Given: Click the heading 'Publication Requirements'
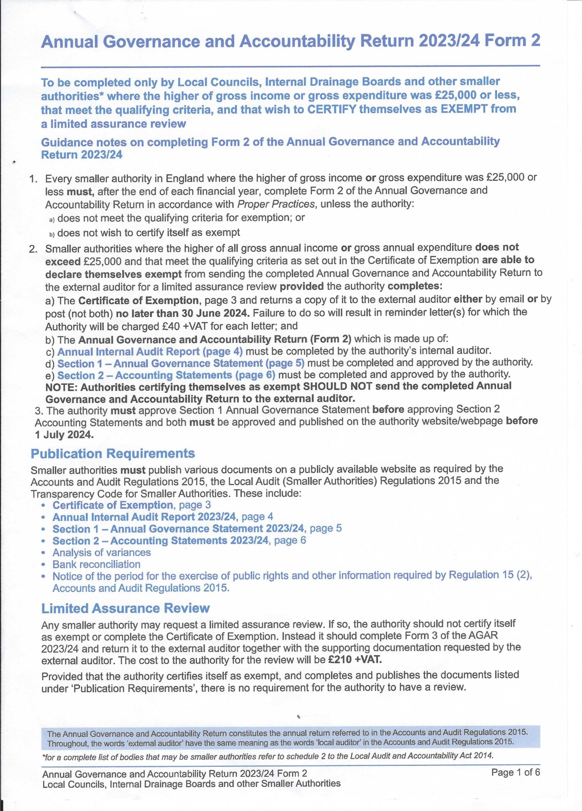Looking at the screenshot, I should (x=113, y=454).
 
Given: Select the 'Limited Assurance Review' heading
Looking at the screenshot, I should (x=125, y=608).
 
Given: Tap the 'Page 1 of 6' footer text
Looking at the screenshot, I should (x=515, y=773).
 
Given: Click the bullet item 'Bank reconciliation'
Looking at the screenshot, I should (x=96, y=564).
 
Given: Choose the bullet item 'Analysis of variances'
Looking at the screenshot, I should (x=101, y=552).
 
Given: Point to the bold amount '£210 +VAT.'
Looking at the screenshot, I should (x=355, y=659).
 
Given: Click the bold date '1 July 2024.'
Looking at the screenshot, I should (x=64, y=435).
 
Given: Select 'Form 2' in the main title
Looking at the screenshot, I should (x=512, y=41).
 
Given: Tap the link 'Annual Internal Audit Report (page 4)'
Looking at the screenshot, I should (x=150, y=351).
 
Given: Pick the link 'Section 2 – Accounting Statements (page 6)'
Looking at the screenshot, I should (x=166, y=375).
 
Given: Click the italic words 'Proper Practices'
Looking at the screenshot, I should (x=276, y=204).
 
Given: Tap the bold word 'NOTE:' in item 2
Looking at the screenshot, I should (x=61, y=387).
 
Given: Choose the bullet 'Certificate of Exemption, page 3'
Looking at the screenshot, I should (x=131, y=505).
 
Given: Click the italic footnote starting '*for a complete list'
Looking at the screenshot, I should (x=268, y=756).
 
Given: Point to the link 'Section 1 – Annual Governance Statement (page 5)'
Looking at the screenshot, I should (x=181, y=363).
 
